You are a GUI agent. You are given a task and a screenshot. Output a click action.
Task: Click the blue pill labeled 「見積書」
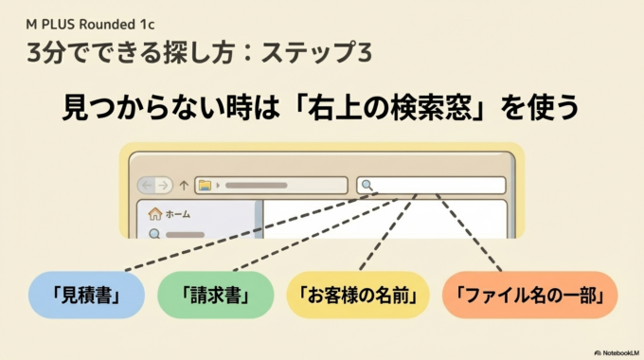click(86, 296)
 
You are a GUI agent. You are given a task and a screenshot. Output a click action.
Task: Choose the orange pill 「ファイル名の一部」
click(529, 296)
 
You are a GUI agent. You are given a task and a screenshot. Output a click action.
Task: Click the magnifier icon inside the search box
click(367, 186)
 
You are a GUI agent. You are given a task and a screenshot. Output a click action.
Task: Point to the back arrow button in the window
click(147, 185)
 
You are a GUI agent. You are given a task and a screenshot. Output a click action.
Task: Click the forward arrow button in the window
click(164, 185)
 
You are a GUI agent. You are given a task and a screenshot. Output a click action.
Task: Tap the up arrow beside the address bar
click(184, 185)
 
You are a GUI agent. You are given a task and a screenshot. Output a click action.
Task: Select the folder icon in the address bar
click(204, 185)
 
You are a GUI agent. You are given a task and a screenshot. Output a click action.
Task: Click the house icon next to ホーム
click(154, 214)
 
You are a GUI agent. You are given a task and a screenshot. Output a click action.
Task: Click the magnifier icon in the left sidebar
click(154, 233)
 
